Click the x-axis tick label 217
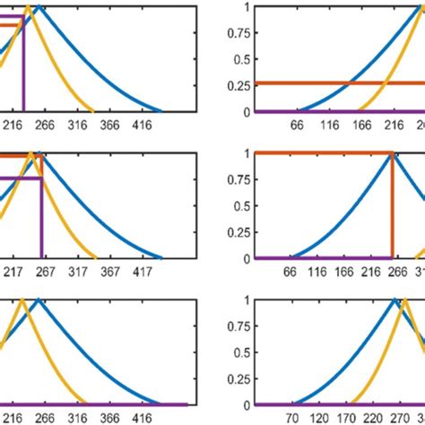(x=15, y=271)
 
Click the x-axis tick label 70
(x=291, y=418)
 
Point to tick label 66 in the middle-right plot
(x=291, y=271)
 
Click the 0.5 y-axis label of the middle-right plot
(x=239, y=205)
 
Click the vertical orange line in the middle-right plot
(x=392, y=206)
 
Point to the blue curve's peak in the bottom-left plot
(x=39, y=299)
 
